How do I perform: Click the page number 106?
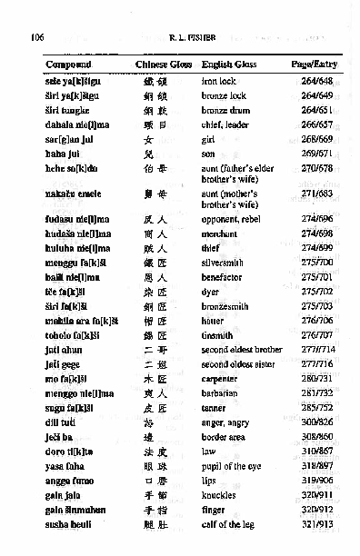[37, 37]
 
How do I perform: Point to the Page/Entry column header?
[313, 66]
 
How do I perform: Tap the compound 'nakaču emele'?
[69, 194]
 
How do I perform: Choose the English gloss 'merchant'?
[224, 233]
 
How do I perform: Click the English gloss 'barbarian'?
[224, 393]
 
